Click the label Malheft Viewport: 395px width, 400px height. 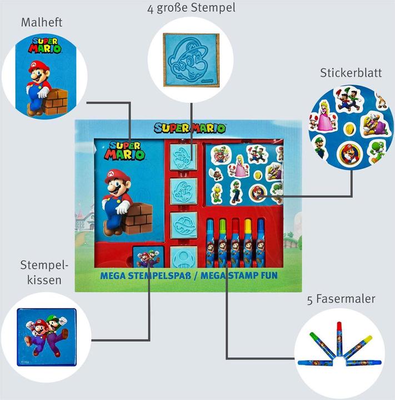[x=41, y=23]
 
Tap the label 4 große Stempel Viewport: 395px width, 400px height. [x=191, y=8]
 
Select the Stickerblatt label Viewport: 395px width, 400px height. [x=351, y=73]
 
